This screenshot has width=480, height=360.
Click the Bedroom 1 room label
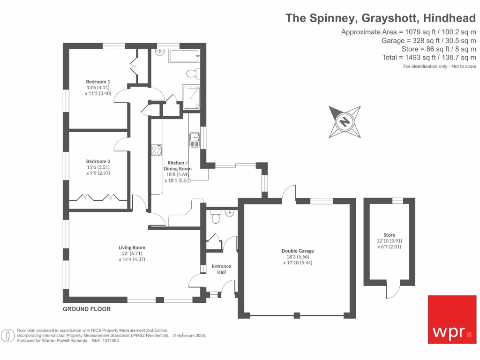coord(98,82)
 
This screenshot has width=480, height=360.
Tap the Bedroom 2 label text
coord(98,161)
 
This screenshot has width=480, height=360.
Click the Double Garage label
coord(298,251)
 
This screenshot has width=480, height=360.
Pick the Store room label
coord(389,235)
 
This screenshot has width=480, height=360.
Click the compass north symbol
coord(345,122)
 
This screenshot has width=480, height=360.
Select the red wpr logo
coord(452,319)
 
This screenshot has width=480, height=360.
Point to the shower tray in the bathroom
coord(190,97)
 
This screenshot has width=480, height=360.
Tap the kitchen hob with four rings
coord(157,150)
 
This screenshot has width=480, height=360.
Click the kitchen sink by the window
coord(195,140)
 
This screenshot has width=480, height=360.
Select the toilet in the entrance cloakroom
coord(216,218)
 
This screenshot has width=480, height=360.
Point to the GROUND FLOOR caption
coord(87,309)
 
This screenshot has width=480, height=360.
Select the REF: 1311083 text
coord(104,341)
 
